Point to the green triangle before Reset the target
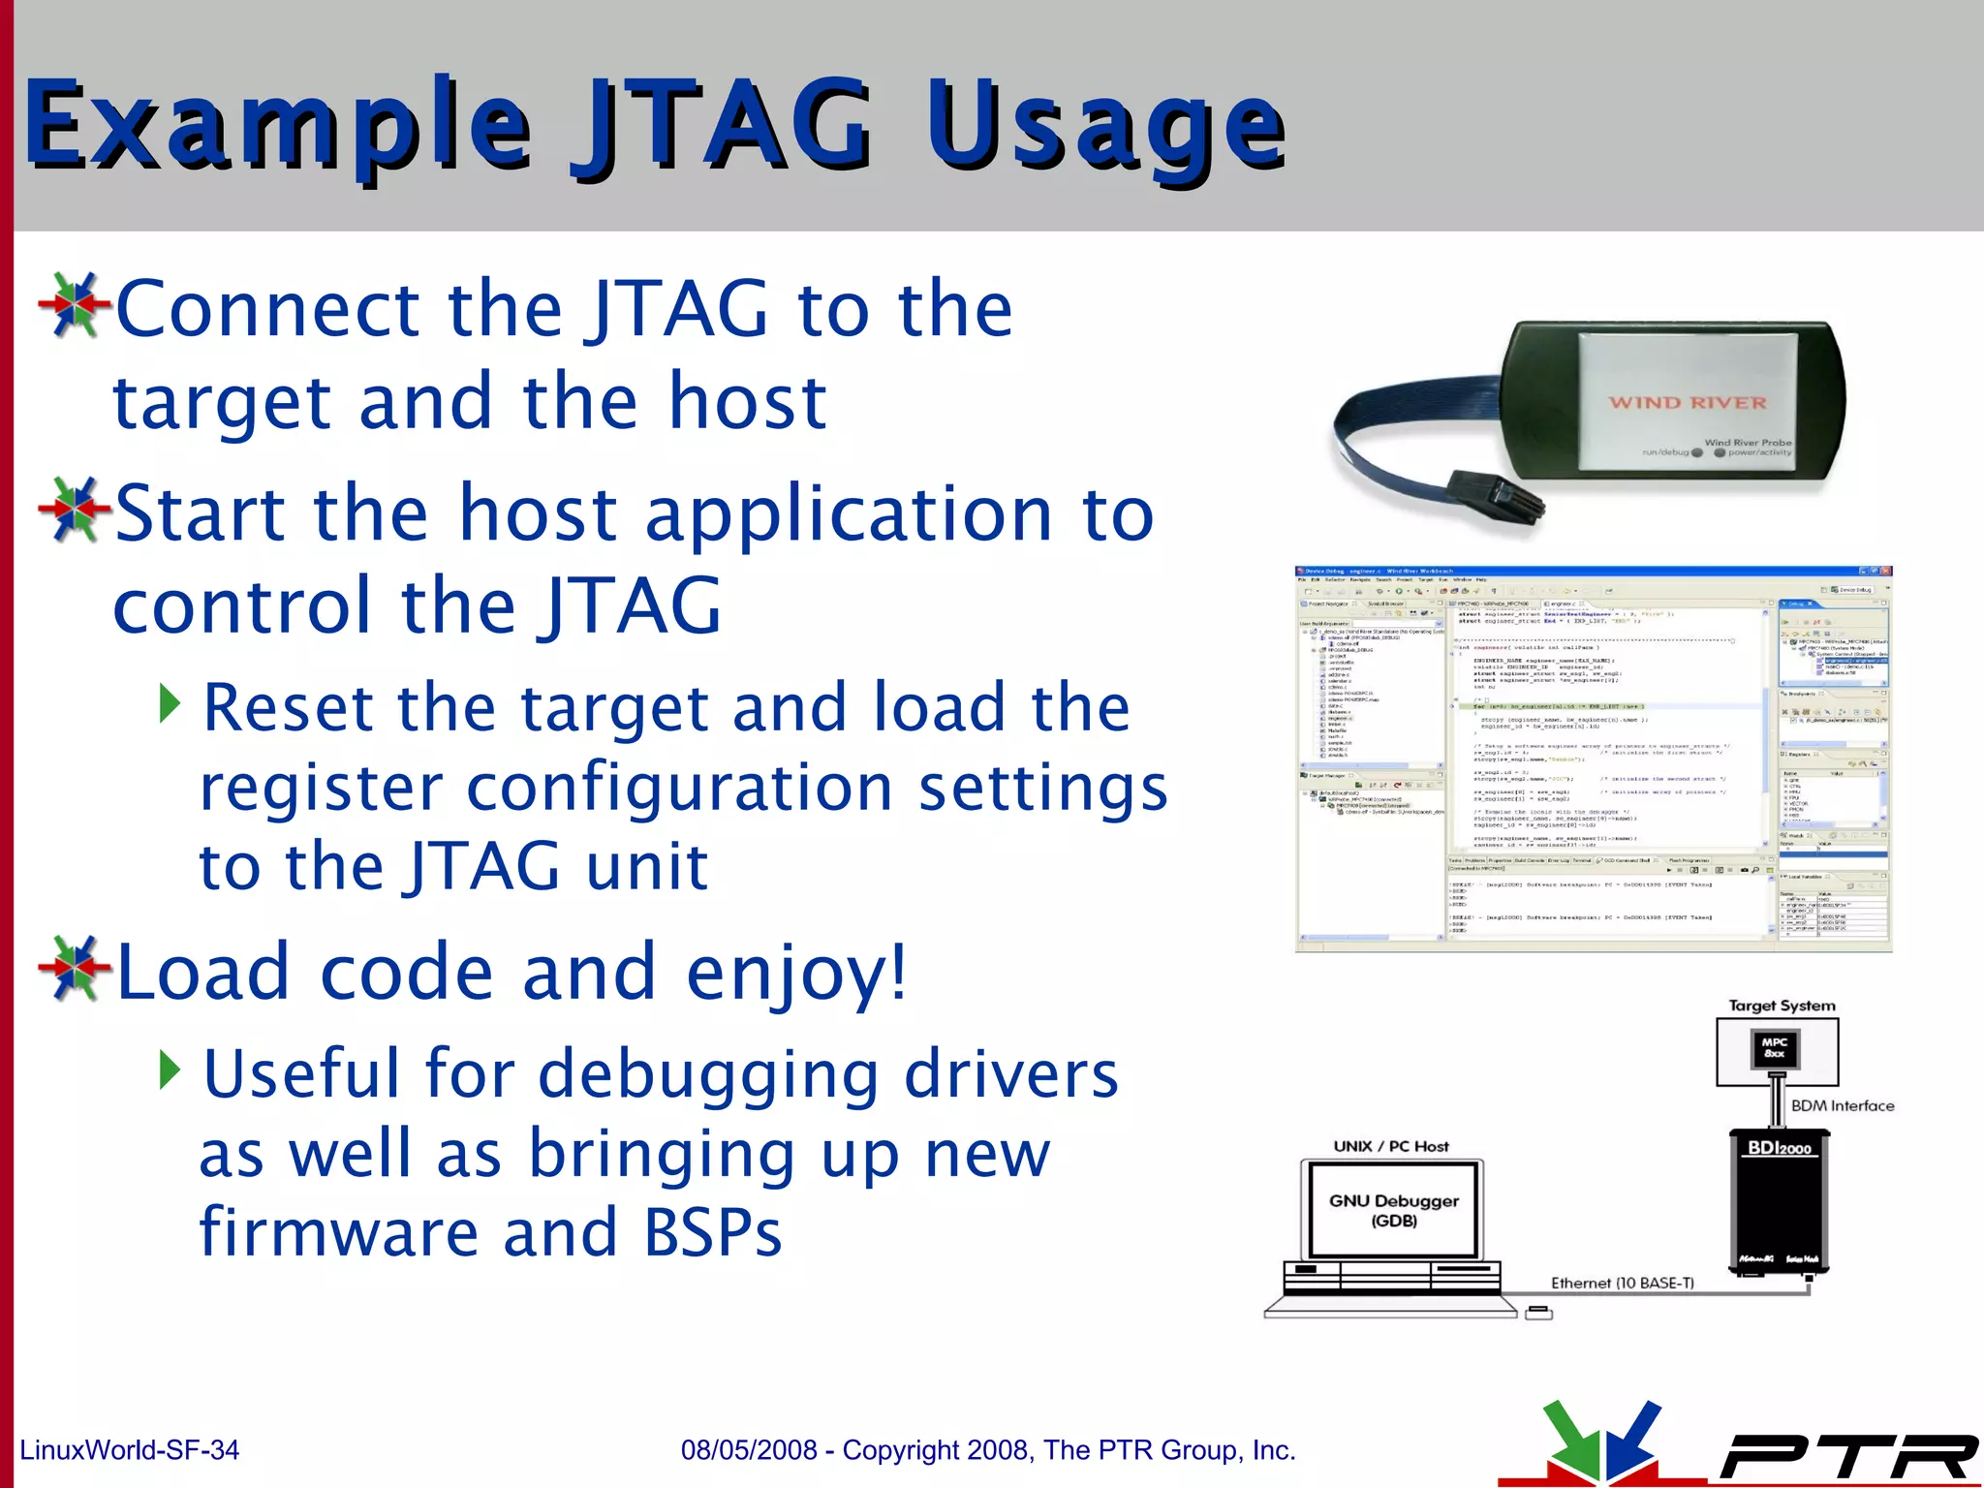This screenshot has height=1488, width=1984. click(170, 704)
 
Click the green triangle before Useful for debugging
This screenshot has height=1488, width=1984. click(170, 1069)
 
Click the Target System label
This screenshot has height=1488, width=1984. click(1782, 1006)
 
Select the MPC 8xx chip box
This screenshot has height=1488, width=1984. click(1775, 1047)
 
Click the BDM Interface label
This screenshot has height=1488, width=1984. click(1842, 1105)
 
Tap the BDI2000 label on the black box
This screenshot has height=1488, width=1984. click(1779, 1148)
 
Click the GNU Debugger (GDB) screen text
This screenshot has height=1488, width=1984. click(1393, 1210)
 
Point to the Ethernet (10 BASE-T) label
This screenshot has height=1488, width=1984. click(1623, 1283)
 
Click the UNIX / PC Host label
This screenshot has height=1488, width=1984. click(1391, 1146)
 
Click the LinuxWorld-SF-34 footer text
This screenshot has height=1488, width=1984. click(129, 1450)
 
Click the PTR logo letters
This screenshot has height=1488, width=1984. click(1850, 1456)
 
